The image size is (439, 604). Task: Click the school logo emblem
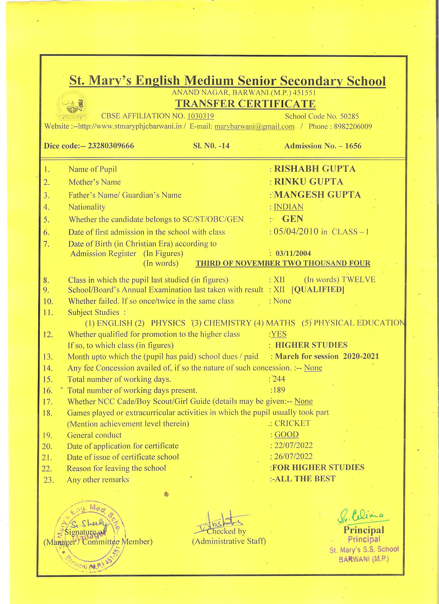(72, 105)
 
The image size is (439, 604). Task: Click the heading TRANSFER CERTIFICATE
(245, 104)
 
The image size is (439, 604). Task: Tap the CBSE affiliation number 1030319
(200, 116)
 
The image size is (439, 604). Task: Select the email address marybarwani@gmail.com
(255, 127)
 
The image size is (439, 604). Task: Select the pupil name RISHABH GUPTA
(315, 169)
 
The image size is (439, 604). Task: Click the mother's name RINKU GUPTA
(309, 182)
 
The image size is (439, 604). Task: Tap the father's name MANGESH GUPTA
(317, 195)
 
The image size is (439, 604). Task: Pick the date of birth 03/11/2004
(293, 253)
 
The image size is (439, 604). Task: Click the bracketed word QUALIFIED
(318, 290)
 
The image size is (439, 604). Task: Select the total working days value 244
(279, 379)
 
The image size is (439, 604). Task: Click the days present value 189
(279, 390)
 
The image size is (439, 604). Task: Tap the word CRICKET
(292, 423)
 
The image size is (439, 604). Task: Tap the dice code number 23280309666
(107, 146)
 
